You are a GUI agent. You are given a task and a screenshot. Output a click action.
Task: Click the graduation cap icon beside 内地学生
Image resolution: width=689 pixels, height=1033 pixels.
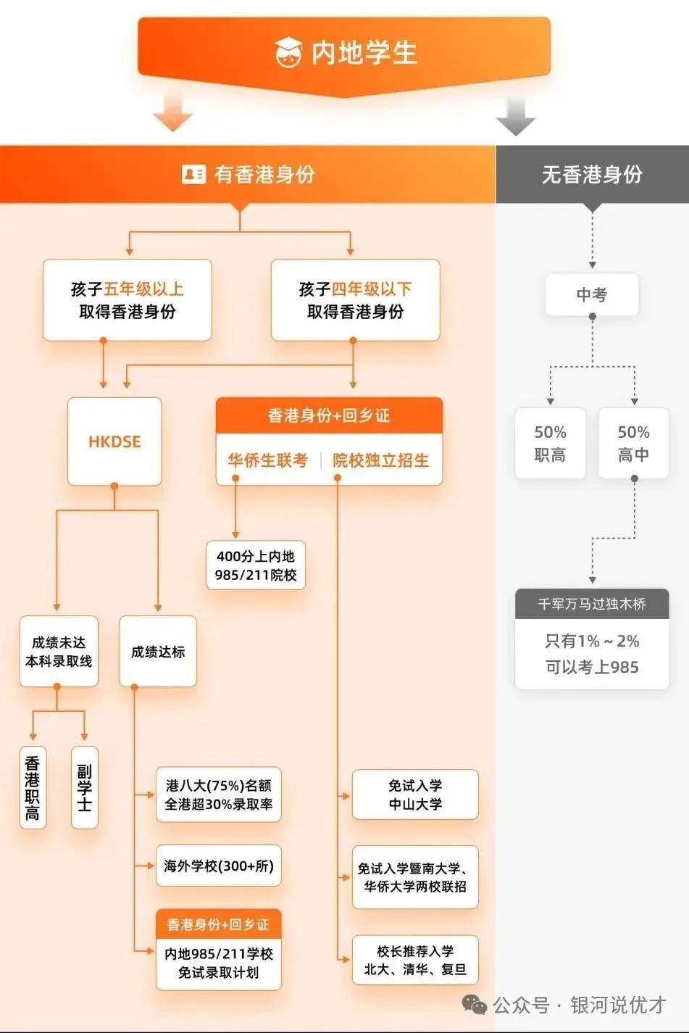[x=288, y=51]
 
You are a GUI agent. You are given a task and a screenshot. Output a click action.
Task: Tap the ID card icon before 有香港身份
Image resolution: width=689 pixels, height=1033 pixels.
[x=193, y=174]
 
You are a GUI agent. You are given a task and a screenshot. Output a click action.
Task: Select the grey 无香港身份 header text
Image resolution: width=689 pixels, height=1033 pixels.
[x=592, y=174]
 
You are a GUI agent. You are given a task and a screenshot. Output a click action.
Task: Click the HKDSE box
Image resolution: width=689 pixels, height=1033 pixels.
[x=114, y=441]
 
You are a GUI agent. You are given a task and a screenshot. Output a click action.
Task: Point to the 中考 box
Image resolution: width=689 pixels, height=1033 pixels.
[x=592, y=294]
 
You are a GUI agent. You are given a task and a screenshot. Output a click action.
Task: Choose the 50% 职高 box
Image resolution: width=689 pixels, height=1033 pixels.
[x=550, y=443]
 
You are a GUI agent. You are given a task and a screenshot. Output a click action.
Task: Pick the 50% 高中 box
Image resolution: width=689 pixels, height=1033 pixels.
[x=633, y=443]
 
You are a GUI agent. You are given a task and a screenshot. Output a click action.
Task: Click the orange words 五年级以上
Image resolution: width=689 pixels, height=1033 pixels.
[x=143, y=289]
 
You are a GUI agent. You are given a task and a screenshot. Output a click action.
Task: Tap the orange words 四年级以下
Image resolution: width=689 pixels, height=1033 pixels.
[x=372, y=289]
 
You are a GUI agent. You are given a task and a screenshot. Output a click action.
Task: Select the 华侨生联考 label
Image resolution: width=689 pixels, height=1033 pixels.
[x=268, y=460]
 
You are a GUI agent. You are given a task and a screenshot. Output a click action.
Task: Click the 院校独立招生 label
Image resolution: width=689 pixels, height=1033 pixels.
[x=380, y=460]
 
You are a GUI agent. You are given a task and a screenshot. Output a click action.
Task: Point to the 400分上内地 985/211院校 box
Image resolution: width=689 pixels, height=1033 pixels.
[x=256, y=565]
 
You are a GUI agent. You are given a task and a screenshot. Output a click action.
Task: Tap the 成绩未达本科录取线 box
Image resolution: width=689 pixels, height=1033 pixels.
[x=59, y=651]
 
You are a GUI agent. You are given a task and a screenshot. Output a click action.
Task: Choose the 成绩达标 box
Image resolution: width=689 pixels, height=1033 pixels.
[x=158, y=651]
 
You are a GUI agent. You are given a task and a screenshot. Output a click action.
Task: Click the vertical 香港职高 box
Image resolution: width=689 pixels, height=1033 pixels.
[x=33, y=787]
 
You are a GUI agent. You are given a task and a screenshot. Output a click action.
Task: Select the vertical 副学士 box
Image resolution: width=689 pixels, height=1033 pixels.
[x=85, y=787]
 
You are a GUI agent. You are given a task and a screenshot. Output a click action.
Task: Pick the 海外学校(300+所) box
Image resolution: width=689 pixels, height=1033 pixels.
[x=219, y=866]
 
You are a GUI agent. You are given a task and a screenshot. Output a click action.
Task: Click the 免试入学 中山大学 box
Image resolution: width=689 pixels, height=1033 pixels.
[x=415, y=795]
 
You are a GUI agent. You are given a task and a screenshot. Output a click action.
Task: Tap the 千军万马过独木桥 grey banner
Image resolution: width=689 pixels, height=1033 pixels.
[x=592, y=604]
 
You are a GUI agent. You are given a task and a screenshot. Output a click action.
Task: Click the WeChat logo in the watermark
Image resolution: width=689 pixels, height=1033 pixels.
[x=475, y=1003]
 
